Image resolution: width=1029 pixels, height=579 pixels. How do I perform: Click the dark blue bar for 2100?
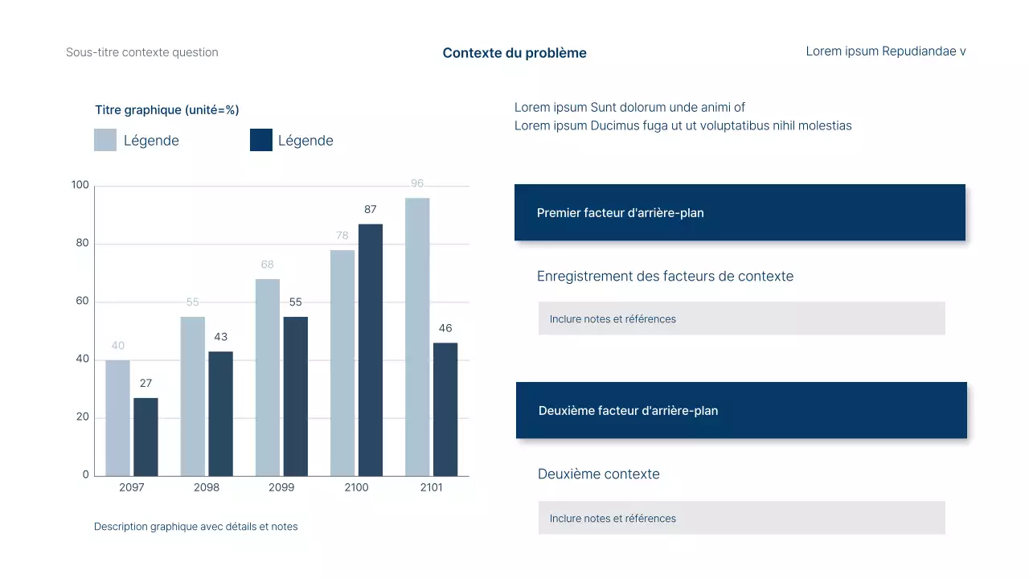[371, 350]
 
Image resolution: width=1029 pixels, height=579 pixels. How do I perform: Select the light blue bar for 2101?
[417, 337]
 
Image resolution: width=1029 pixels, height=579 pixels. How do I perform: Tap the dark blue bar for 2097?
[146, 437]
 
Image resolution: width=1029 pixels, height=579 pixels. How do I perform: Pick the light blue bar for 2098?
[193, 396]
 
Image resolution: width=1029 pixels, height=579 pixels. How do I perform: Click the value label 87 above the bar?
[371, 210]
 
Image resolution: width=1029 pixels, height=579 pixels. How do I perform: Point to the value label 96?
[417, 183]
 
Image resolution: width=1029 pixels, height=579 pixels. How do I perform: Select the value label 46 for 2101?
[445, 328]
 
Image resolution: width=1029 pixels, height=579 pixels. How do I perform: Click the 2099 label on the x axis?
[281, 487]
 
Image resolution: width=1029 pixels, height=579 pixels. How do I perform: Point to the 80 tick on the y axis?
[80, 244]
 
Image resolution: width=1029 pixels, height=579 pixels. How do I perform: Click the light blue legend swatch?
[105, 140]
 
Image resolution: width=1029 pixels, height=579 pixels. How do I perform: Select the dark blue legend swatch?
[261, 140]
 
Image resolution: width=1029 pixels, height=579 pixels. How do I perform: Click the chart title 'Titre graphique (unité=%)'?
[167, 110]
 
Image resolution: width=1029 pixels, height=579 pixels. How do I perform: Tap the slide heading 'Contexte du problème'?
[514, 53]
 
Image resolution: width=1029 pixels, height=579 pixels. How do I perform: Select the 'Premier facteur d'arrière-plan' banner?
[740, 213]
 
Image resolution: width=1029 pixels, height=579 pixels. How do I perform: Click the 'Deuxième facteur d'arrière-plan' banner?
[741, 410]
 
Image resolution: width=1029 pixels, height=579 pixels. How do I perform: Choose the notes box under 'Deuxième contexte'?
[741, 518]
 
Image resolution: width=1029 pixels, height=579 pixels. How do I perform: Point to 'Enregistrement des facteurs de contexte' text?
[665, 277]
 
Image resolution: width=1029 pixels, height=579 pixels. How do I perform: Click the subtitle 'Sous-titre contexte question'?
[142, 52]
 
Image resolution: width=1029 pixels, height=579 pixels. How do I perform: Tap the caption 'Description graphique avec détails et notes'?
[196, 527]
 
